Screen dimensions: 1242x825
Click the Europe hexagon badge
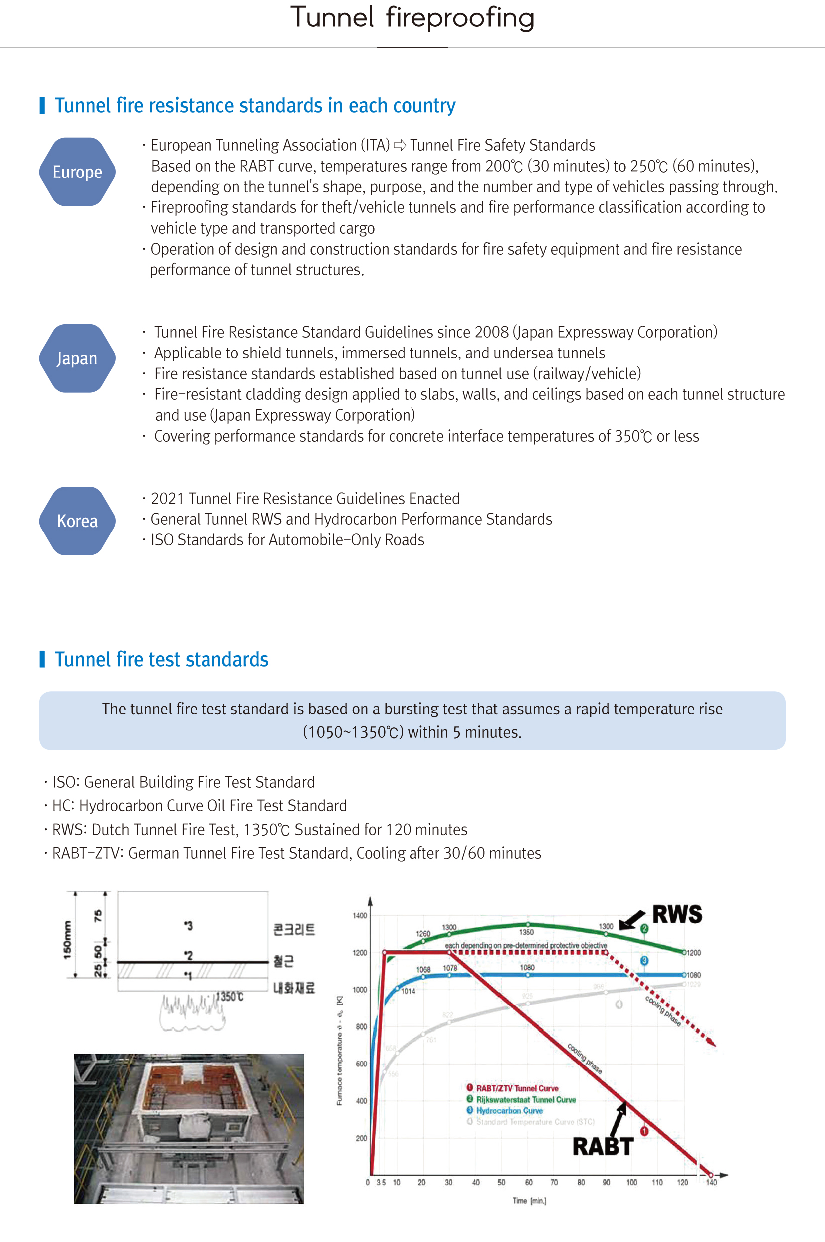tap(77, 172)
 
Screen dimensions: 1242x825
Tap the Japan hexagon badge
tap(77, 358)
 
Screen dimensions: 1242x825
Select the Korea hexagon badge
tap(77, 521)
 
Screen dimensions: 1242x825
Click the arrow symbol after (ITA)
tap(400, 145)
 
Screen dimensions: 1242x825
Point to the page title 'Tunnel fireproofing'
tap(412, 18)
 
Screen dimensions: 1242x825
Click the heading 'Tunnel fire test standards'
tap(162, 659)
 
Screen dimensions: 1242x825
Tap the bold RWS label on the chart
tap(677, 914)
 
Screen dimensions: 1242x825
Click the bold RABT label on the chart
tap(603, 1147)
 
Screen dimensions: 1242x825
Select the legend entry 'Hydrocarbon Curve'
tap(509, 1110)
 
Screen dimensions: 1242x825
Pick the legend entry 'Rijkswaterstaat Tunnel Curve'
tap(526, 1099)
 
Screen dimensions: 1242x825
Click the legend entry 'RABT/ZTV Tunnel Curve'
tap(517, 1088)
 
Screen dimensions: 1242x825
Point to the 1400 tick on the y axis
tap(360, 915)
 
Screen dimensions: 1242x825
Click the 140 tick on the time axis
tap(711, 1182)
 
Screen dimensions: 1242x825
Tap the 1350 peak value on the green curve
tap(527, 932)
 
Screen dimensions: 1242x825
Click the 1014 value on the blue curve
tap(409, 991)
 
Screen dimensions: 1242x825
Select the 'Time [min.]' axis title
tap(529, 1201)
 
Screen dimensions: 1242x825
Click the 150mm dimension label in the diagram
tap(67, 940)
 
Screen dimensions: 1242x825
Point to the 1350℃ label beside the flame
tap(230, 997)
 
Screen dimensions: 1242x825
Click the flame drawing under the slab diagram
tap(192, 1012)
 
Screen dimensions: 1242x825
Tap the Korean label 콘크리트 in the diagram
tap(294, 930)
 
